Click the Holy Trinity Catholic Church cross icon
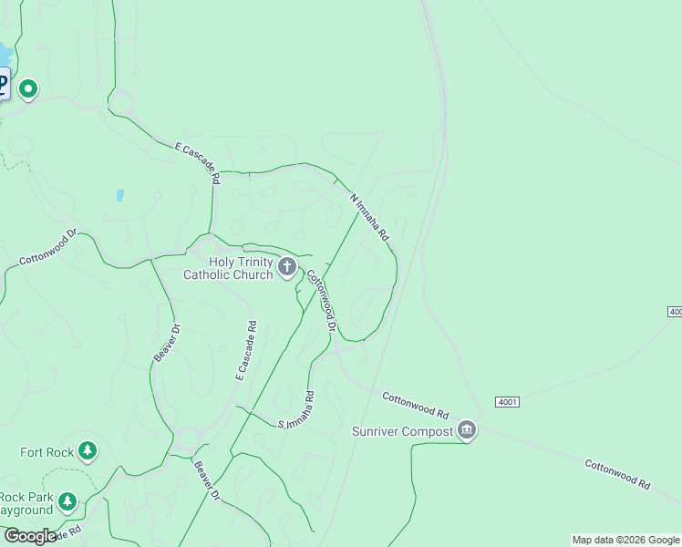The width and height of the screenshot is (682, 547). [x=287, y=267]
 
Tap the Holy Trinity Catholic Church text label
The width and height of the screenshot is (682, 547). [x=228, y=268]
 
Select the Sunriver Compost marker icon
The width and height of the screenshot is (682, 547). [x=467, y=429]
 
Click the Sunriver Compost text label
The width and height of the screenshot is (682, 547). [x=402, y=430]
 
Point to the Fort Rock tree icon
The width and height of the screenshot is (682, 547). [x=88, y=450]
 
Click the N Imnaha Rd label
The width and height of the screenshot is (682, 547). [x=370, y=216]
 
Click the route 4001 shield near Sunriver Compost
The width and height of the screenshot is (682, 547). [x=508, y=402]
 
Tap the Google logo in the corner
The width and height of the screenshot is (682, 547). [x=30, y=536]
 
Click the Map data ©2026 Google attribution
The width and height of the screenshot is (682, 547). [x=625, y=540]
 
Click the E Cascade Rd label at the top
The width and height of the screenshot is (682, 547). [x=198, y=161]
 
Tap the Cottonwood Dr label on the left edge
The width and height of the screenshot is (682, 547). [x=49, y=247]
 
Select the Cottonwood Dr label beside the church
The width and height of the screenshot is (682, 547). [x=322, y=300]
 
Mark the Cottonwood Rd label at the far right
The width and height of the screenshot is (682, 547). [x=618, y=474]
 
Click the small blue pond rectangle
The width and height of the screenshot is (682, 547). [x=119, y=194]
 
